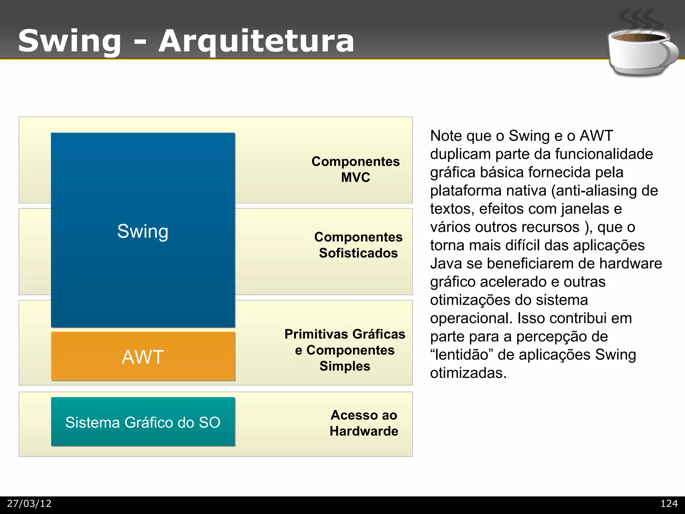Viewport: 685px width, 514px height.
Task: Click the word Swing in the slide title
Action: tap(70, 41)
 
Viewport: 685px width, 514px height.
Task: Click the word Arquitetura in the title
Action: tap(256, 41)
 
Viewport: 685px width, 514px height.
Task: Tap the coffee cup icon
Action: tap(641, 52)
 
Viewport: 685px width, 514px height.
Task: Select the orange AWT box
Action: tap(143, 356)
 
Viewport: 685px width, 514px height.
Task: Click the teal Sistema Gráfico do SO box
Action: tap(143, 422)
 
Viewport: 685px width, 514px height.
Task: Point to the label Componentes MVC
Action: tap(356, 169)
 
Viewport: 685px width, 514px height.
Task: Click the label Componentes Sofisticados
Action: tap(358, 245)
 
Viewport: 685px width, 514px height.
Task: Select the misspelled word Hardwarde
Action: tap(364, 431)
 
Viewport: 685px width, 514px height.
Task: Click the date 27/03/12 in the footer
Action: tap(29, 504)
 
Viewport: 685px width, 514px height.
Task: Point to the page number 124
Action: tap(669, 504)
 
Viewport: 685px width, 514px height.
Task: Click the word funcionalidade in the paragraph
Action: tap(604, 154)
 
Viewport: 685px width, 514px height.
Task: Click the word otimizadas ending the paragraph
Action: tap(468, 373)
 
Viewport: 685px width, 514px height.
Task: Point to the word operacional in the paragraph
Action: tap(471, 318)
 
